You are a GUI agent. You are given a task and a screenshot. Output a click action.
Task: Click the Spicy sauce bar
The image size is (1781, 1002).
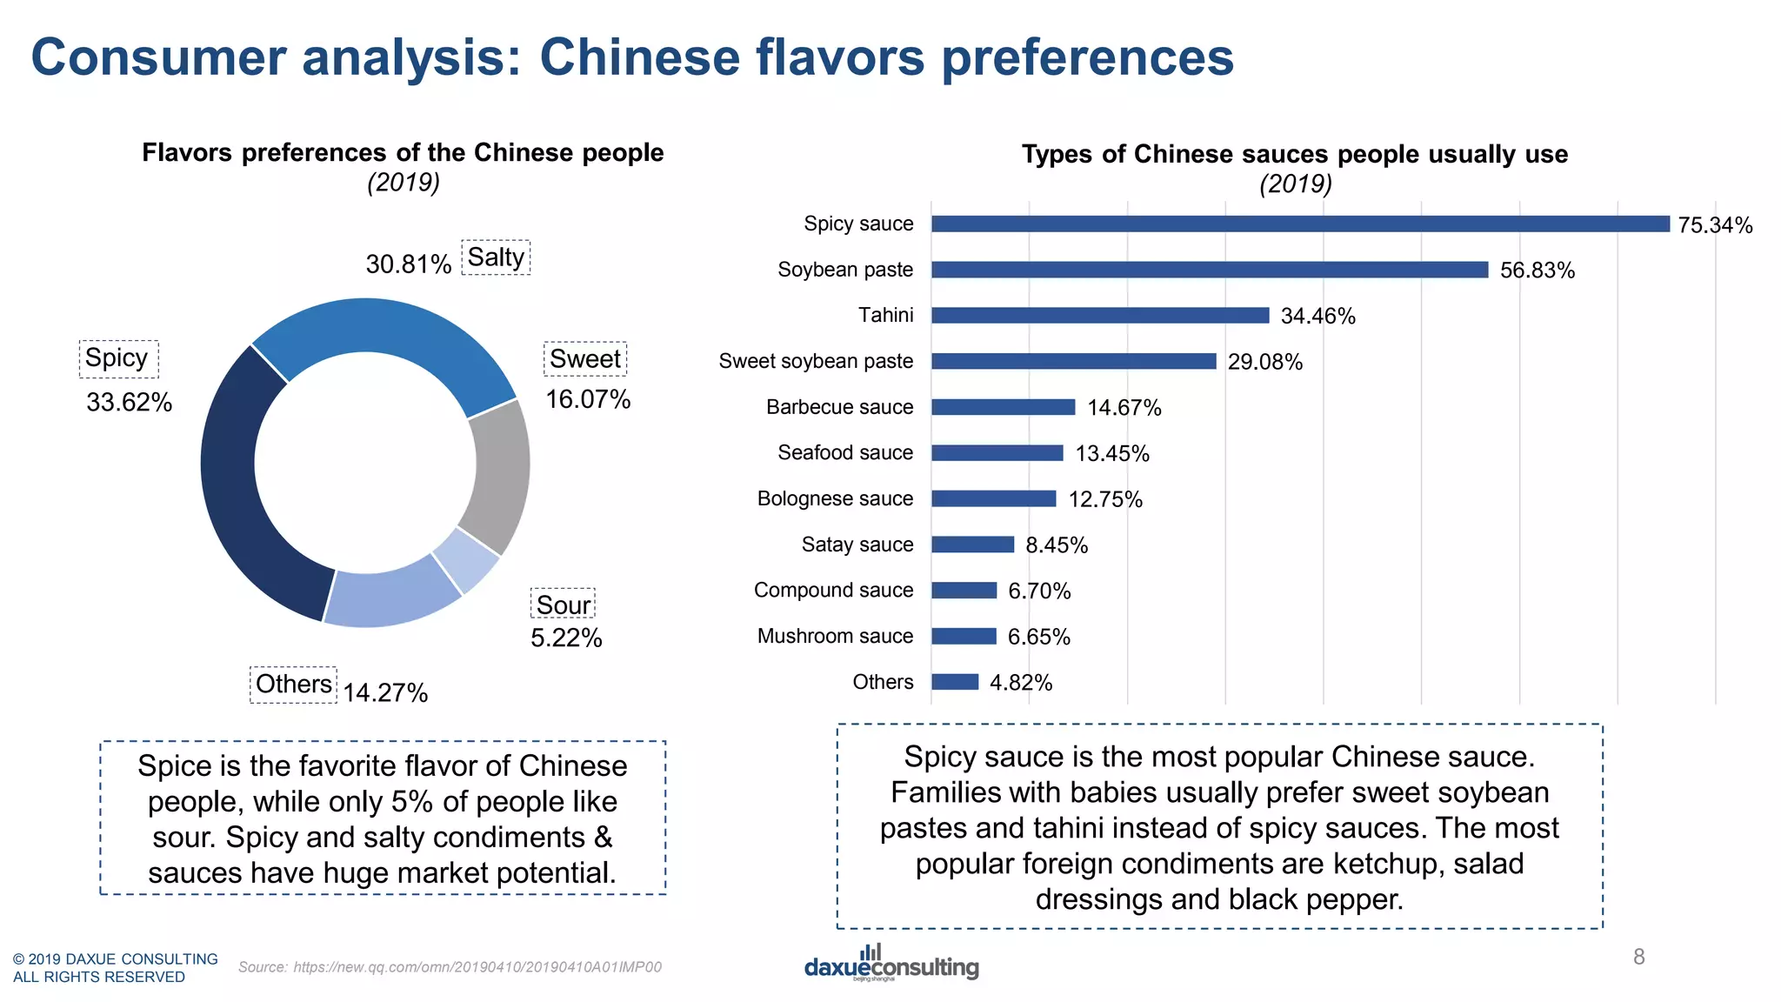tap(1300, 224)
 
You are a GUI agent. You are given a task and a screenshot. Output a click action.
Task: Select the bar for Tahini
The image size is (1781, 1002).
tap(1100, 315)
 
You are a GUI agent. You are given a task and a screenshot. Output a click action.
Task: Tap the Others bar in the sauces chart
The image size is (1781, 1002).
tap(955, 682)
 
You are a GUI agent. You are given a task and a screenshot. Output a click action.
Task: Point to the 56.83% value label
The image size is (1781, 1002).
tap(1537, 271)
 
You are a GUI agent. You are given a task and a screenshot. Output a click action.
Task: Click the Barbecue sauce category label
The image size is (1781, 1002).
tap(839, 407)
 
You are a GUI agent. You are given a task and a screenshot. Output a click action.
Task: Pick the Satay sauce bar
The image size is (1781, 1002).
tap(972, 544)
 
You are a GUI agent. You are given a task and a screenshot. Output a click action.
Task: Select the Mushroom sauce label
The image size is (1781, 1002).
tap(835, 636)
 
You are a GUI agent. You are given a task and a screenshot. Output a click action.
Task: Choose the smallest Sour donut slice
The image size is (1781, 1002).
tap(467, 560)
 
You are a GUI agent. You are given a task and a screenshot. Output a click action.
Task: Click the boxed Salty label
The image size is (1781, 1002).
tap(496, 257)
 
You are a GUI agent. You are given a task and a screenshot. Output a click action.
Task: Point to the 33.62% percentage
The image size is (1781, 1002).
tap(129, 402)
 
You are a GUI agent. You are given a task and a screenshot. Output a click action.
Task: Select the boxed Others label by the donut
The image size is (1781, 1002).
tap(293, 684)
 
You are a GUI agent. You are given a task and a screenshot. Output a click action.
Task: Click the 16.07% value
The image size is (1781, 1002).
tap(588, 399)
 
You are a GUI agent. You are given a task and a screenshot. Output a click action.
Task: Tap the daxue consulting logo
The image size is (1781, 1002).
tap(891, 964)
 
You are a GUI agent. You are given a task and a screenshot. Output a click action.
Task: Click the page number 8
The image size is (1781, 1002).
tap(1638, 957)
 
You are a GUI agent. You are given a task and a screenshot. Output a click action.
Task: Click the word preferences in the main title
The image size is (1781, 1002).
tap(1087, 57)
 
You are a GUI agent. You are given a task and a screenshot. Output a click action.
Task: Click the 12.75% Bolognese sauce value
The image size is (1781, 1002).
tap(1104, 499)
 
